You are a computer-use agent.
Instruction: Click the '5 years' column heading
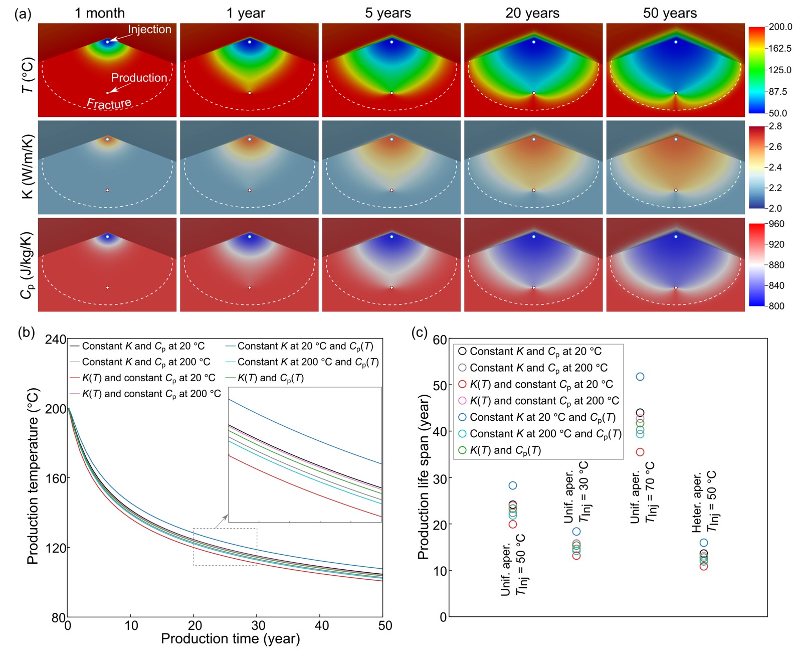click(x=387, y=13)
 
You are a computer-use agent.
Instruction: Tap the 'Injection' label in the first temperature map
click(x=149, y=30)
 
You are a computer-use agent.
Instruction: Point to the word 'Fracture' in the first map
click(x=109, y=104)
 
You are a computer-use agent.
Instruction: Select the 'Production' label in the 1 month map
click(x=139, y=78)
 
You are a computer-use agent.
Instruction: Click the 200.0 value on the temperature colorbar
click(x=780, y=27)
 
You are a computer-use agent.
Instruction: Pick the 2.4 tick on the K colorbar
click(x=775, y=168)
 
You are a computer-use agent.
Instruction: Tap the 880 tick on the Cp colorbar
click(x=776, y=265)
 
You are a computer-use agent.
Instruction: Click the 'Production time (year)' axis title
click(x=230, y=639)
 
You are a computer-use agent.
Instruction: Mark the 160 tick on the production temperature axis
click(x=55, y=478)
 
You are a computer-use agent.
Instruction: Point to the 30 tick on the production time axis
click(x=258, y=625)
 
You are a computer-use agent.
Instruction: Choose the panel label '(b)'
click(x=26, y=333)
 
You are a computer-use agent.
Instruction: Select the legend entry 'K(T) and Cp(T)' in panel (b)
click(x=271, y=378)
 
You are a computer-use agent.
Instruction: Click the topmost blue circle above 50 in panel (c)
click(x=640, y=377)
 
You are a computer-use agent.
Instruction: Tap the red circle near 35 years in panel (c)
click(x=640, y=452)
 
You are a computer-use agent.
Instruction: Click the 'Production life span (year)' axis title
click(x=424, y=476)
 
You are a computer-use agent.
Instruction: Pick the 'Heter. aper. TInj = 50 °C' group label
click(x=704, y=502)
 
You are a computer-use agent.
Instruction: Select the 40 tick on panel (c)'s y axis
click(x=440, y=432)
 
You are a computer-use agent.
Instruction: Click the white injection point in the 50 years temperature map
click(x=676, y=42)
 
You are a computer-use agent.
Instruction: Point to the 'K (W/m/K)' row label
click(x=28, y=167)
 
